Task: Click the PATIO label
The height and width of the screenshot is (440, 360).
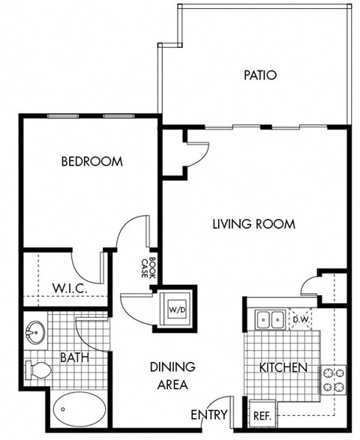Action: [x=260, y=75]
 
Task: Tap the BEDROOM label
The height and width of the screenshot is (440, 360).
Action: [x=91, y=161]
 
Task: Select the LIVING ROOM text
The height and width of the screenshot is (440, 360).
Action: [x=253, y=223]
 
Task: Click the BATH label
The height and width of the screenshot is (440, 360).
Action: [x=75, y=358]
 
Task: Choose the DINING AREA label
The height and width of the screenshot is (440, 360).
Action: [x=172, y=376]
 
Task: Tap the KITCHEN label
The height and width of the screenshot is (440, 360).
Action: [x=283, y=367]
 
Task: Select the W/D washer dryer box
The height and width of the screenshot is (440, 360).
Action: [x=177, y=307]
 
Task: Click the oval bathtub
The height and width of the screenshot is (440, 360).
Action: [x=78, y=411]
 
